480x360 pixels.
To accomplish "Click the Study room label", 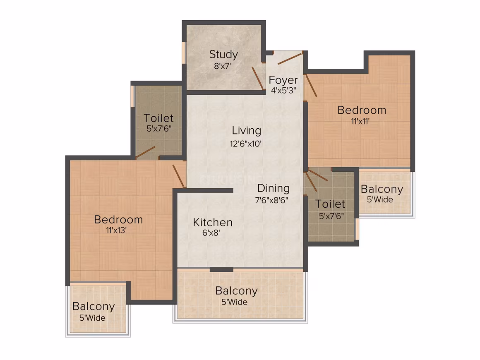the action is click(x=223, y=55).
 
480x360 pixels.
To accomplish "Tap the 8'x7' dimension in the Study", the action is click(x=222, y=66).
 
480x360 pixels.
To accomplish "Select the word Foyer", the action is click(x=283, y=80).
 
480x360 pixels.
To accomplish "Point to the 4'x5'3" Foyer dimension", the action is click(x=283, y=90).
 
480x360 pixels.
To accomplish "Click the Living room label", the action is click(x=247, y=130).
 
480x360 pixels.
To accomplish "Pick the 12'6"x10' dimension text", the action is click(x=246, y=144).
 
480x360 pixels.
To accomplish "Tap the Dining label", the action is click(x=274, y=188).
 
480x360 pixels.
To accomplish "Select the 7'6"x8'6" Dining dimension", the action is click(x=271, y=200).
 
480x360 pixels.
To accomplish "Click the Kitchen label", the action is click(x=213, y=222).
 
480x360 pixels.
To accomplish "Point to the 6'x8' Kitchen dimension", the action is click(x=211, y=233).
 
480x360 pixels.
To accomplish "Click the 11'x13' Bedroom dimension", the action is click(x=116, y=230).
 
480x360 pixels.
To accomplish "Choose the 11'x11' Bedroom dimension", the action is click(x=360, y=121).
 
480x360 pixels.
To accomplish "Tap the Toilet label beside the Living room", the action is click(x=158, y=118).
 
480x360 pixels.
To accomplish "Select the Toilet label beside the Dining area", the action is click(x=330, y=204).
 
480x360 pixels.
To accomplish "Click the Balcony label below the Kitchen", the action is click(x=236, y=291).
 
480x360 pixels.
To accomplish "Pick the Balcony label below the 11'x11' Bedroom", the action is click(x=382, y=189).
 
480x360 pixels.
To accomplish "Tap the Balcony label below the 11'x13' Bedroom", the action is click(x=94, y=307).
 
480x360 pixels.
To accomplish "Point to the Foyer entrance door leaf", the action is click(x=290, y=58).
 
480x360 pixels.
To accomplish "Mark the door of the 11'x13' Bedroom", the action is click(x=179, y=176).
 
